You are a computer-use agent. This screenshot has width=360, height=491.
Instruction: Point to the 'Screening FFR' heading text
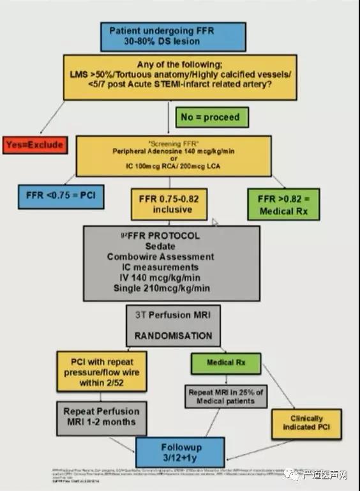pos(170,142)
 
